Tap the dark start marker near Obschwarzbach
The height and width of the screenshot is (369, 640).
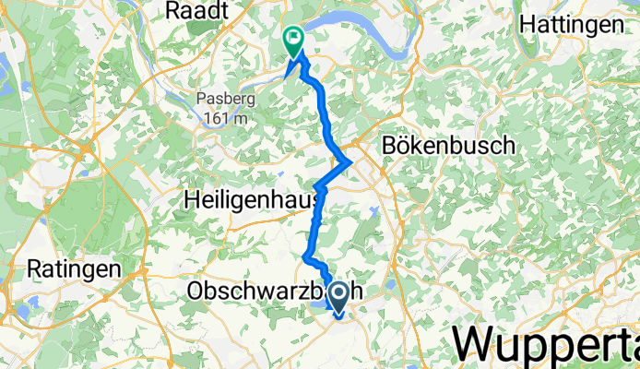pyautogui.click(x=338, y=296)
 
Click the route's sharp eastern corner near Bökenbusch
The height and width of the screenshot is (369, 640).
pyautogui.click(x=350, y=163)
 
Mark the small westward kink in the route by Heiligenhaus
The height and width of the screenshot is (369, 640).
pyautogui.click(x=316, y=188)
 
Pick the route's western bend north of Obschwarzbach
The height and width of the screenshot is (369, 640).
pyautogui.click(x=305, y=256)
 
